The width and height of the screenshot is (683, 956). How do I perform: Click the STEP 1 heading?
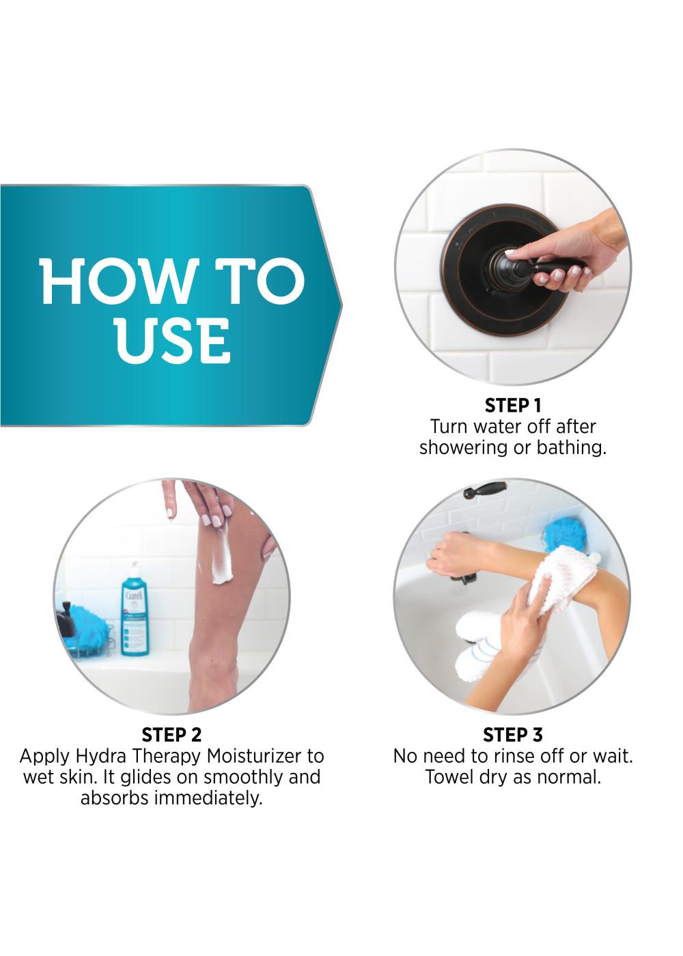pos(512,406)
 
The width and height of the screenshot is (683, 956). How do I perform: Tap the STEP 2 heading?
pos(171,735)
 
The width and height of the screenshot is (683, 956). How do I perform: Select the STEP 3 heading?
pos(512,735)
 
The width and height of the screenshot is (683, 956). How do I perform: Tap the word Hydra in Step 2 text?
pos(101,757)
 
